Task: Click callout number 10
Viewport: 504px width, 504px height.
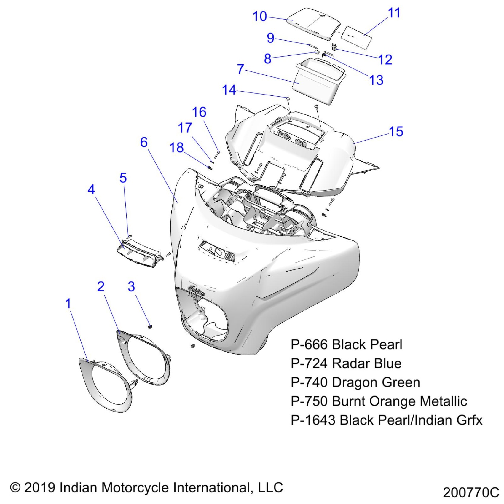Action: [x=259, y=16]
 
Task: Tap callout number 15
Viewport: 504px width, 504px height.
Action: [x=396, y=132]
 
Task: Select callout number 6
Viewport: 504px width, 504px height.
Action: [x=144, y=142]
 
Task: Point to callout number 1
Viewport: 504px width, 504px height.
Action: [x=68, y=304]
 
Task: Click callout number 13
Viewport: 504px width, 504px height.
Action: [x=376, y=80]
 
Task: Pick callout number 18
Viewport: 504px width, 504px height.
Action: [x=176, y=148]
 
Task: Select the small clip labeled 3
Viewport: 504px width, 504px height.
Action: [x=150, y=326]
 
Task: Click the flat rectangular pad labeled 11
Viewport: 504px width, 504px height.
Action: [x=356, y=37]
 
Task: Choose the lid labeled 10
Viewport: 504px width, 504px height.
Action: [x=314, y=24]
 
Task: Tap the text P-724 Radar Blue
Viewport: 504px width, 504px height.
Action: [x=346, y=363]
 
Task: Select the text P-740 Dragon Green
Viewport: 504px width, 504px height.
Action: [x=355, y=382]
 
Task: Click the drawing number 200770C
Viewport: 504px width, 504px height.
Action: [x=470, y=493]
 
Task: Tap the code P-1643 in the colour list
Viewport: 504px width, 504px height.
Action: [x=313, y=420]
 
